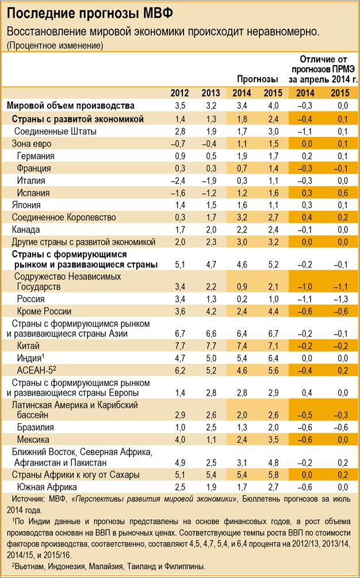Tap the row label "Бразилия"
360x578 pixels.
tap(36, 427)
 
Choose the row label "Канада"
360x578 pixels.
tap(26, 228)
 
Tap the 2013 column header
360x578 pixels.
tap(210, 94)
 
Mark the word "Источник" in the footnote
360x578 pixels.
tap(28, 500)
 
